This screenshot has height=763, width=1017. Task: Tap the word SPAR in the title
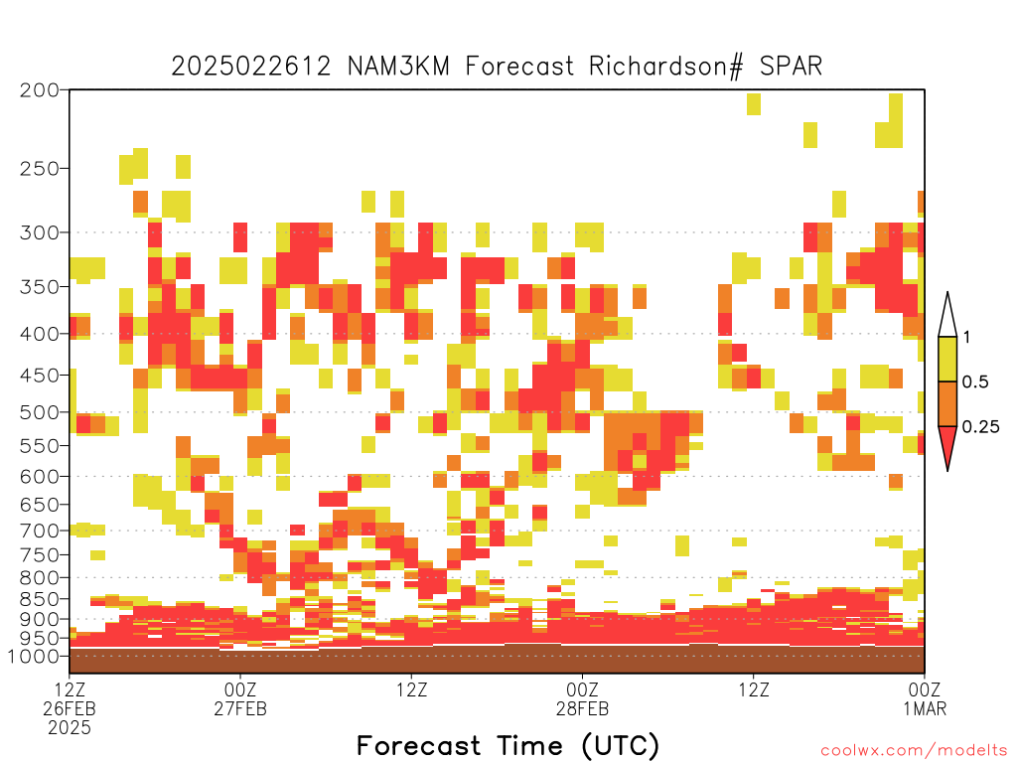pos(791,67)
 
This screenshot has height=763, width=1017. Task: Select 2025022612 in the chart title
pos(251,67)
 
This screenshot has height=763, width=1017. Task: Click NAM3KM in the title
pos(399,67)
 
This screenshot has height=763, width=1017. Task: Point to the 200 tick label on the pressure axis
pos(39,90)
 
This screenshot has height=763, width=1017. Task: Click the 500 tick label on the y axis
pos(39,412)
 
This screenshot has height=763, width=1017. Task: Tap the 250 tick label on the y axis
pos(39,169)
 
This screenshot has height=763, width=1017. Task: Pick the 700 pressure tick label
pos(39,531)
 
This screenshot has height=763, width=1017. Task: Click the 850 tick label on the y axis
pos(39,599)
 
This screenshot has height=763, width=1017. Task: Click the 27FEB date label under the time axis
pos(240,709)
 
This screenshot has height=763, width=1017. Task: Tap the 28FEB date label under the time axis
pos(582,709)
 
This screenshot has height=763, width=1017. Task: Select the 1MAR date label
pos(925,709)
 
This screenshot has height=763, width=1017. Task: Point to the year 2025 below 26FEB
pos(70,728)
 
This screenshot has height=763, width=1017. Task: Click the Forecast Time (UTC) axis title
pos(508,746)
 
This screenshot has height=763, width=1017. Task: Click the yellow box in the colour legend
pos(947,359)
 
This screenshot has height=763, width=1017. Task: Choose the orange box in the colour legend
pos(947,403)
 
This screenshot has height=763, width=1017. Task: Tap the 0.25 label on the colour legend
pos(980,427)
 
